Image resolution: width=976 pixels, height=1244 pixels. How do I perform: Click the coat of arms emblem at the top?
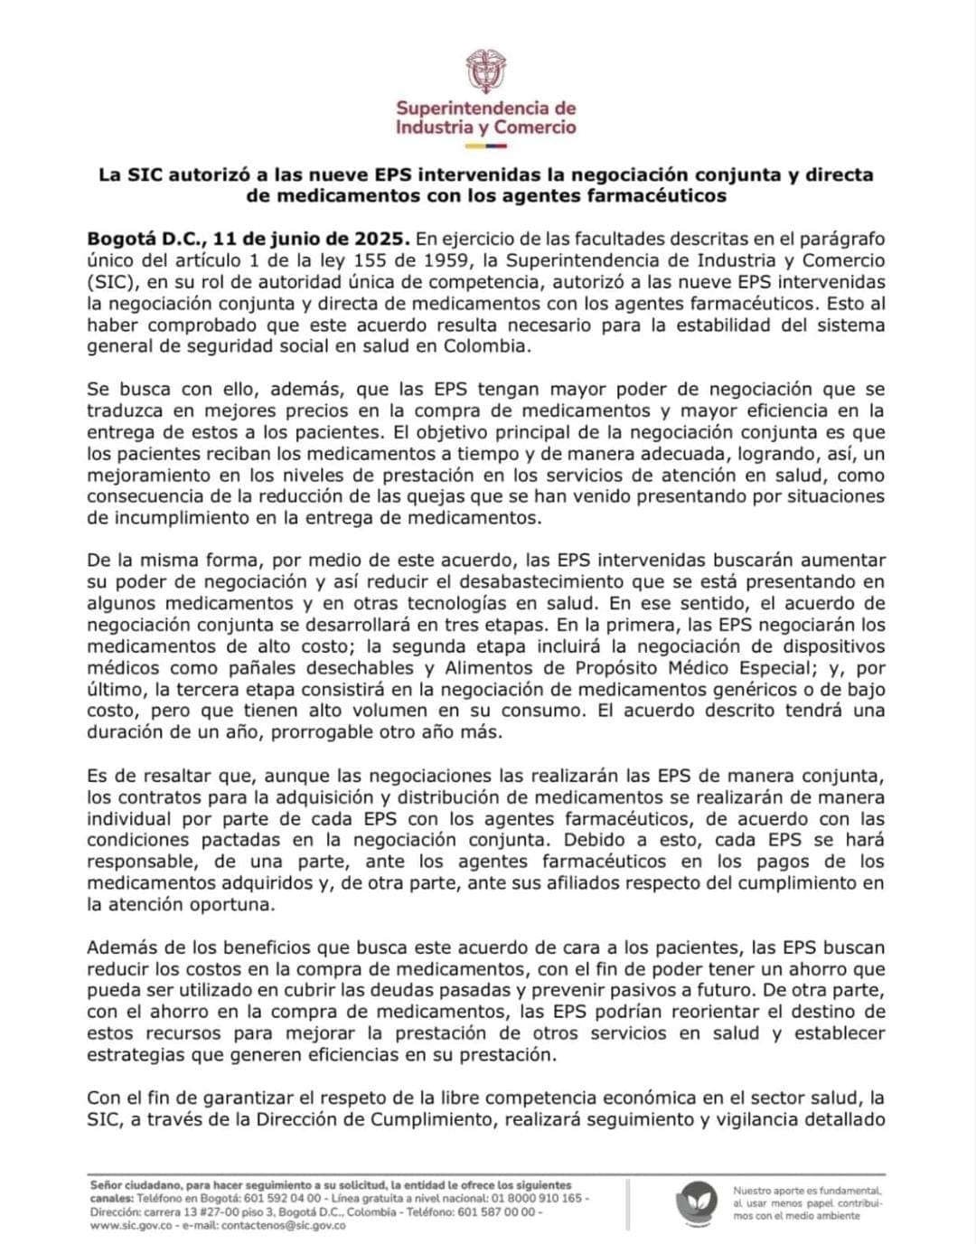tap(486, 71)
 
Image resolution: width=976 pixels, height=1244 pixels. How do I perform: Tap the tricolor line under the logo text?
tap(486, 145)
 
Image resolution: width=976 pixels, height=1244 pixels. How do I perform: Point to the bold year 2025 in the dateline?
tap(383, 240)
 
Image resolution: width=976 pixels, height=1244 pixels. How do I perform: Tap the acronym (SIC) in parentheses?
tap(108, 283)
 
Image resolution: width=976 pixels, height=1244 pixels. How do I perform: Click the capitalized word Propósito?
tap(619, 668)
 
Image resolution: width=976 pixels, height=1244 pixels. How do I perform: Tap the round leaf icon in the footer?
tap(696, 1203)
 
